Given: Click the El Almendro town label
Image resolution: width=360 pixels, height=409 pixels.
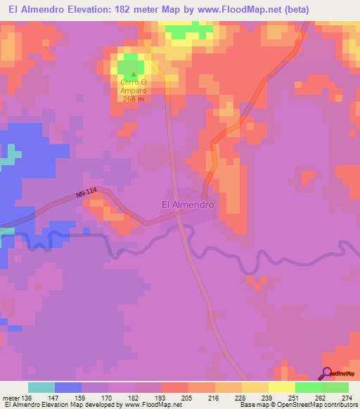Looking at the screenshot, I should [187, 204].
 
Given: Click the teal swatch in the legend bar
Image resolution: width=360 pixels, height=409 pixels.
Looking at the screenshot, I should [41, 387].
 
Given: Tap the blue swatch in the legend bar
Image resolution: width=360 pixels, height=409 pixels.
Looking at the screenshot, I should [68, 387].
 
